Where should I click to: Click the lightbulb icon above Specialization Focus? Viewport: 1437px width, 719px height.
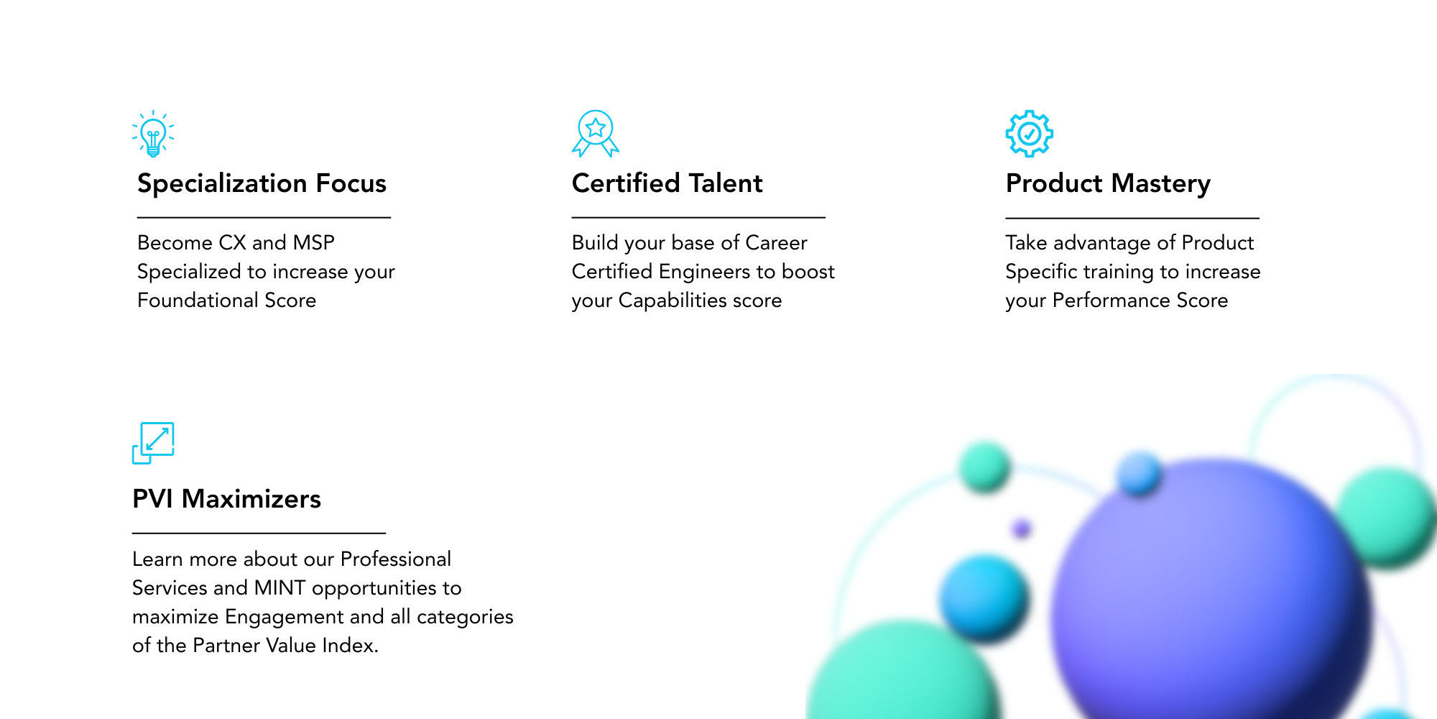[x=153, y=134]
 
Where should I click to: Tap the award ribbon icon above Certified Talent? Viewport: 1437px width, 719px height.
[x=596, y=134]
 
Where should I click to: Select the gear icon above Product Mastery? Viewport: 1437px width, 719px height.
[x=1030, y=134]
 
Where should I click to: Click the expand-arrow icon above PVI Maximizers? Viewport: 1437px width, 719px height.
[x=153, y=443]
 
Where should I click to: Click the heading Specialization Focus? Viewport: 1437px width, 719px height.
[x=262, y=183]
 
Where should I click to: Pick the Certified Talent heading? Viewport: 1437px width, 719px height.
[x=667, y=183]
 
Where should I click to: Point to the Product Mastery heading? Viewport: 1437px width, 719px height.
[x=1108, y=184]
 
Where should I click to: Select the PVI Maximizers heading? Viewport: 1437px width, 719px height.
[x=226, y=499]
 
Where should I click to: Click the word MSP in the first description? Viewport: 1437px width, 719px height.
[x=314, y=243]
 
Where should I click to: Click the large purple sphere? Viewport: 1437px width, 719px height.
[x=1211, y=597]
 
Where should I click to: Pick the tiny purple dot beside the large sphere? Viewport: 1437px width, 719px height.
[x=1021, y=529]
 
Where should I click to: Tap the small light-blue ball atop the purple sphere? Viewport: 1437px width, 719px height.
[x=1139, y=473]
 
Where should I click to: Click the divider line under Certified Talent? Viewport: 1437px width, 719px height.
[x=698, y=217]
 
